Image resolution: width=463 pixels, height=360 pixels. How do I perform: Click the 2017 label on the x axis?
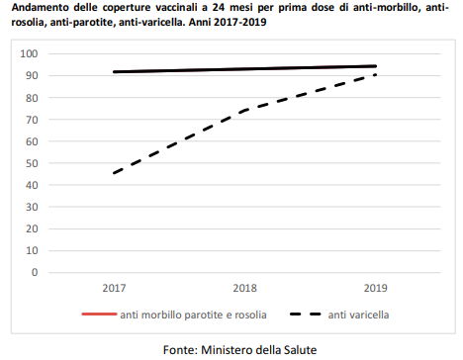[115, 288]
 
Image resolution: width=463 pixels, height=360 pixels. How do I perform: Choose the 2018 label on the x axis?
[244, 288]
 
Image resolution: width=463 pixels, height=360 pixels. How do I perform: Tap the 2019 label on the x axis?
[375, 288]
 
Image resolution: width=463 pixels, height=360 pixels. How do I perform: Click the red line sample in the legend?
[98, 315]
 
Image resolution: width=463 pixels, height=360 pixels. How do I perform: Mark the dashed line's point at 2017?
[115, 173]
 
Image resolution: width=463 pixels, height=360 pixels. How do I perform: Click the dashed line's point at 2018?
[244, 110]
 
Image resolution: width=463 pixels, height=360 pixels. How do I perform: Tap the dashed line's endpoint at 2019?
[376, 75]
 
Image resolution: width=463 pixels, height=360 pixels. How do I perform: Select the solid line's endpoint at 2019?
[376, 66]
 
